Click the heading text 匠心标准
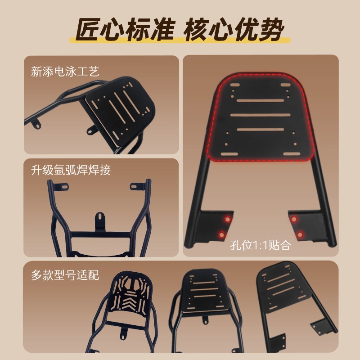[125, 31]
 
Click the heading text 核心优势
[234, 31]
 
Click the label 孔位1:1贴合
[261, 246]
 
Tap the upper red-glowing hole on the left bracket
[228, 219]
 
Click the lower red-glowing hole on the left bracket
[222, 234]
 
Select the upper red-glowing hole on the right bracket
[294, 219]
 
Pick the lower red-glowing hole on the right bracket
[300, 234]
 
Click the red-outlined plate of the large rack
[261, 117]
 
